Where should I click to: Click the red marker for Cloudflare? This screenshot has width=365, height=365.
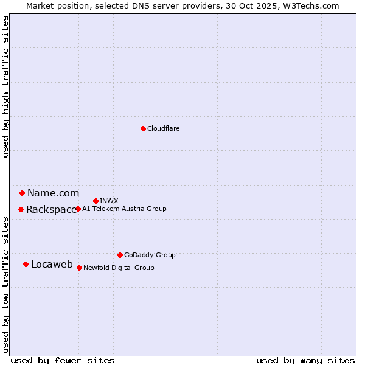[143, 128]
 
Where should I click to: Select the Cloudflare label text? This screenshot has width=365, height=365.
[164, 128]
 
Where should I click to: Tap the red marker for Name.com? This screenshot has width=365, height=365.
[22, 193]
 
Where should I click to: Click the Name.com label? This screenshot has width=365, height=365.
[53, 193]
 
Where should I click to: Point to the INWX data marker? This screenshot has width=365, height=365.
[96, 201]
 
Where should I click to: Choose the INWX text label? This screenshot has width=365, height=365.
[109, 201]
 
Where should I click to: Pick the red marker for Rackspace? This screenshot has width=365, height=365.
[21, 209]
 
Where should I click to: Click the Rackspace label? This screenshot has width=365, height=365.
[51, 210]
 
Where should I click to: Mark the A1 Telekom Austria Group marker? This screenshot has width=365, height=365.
[78, 209]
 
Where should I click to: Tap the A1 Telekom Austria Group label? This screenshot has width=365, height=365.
[124, 209]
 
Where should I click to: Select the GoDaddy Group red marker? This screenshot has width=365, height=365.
[120, 255]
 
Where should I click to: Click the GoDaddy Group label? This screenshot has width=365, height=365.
[150, 255]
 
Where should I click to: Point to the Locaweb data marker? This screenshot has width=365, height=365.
[26, 264]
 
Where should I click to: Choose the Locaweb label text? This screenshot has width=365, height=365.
[52, 264]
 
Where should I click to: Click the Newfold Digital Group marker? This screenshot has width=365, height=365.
[79, 268]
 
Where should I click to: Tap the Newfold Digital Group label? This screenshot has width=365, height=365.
[119, 268]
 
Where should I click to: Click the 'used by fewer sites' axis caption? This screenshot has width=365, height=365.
[63, 360]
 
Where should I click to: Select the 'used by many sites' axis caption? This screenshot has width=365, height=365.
[305, 360]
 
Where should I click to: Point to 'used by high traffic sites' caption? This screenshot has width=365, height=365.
[5, 86]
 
